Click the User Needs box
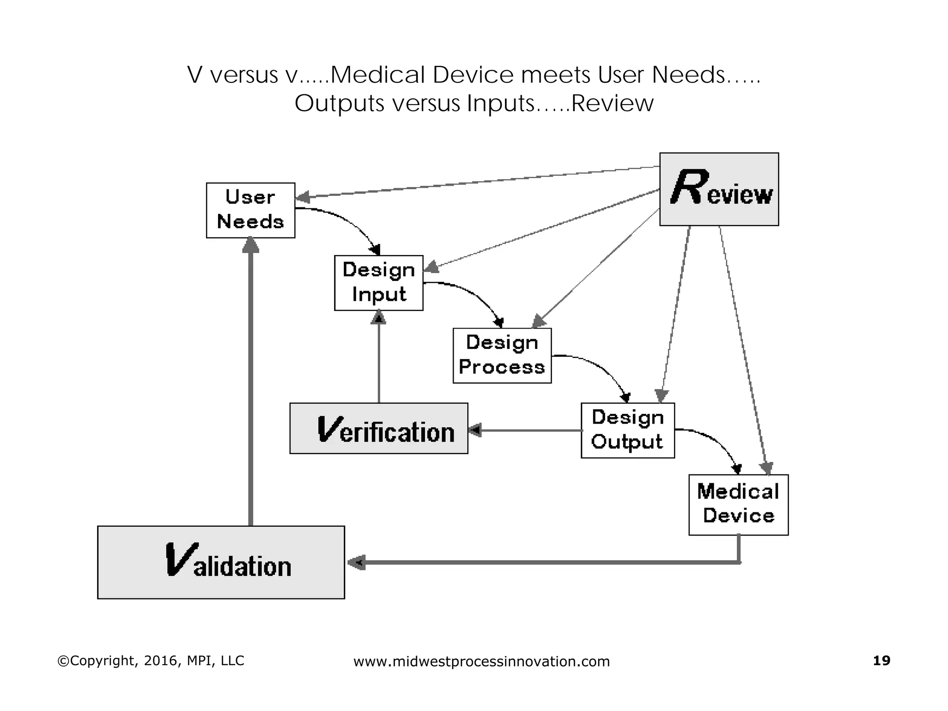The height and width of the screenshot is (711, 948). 250,210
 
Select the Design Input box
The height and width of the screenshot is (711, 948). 379,282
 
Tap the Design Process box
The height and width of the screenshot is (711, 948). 502,355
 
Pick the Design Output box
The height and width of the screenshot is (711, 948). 627,430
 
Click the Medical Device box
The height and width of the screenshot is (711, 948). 738,505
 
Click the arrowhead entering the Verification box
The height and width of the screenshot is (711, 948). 475,430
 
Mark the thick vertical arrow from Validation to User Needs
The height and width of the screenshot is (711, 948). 250,384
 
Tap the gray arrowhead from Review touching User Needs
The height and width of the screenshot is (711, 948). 302,198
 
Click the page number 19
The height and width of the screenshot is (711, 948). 881,661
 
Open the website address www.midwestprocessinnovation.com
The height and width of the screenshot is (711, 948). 481,661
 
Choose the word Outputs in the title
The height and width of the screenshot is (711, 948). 339,103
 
